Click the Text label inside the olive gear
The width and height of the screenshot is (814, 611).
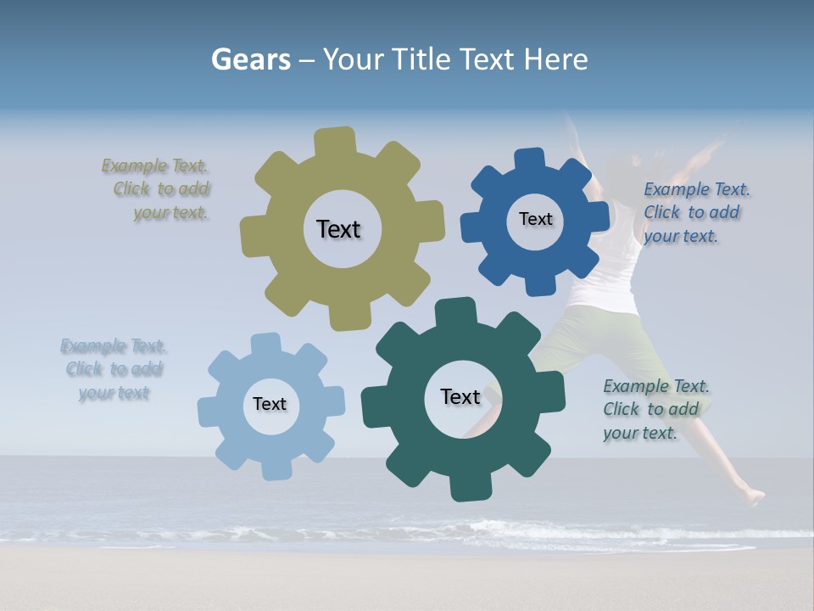pos(338,229)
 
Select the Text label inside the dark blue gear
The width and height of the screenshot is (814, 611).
pos(535,219)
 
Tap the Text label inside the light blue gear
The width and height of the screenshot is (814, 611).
pos(270,404)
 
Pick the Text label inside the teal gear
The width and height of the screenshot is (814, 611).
pos(460,396)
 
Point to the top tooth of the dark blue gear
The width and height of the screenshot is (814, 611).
pos(530,159)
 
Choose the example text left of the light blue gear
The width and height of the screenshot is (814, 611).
pos(114,369)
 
